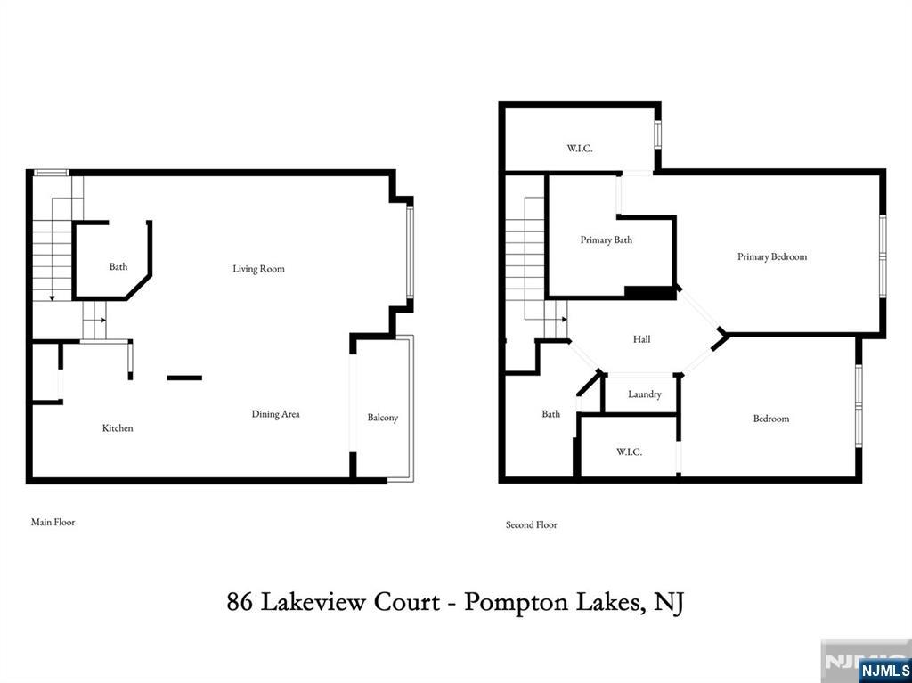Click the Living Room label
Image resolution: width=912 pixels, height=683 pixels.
(259, 269)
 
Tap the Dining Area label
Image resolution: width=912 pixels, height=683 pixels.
(276, 414)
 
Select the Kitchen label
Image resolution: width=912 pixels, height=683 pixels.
(118, 428)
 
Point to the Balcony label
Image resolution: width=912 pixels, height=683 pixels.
(383, 418)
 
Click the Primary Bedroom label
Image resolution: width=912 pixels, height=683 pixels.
(772, 256)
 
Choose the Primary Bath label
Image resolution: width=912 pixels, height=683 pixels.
(606, 240)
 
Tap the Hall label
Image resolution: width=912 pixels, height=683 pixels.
(641, 339)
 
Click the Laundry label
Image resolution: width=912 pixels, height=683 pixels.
(645, 394)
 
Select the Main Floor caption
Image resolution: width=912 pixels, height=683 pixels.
(53, 522)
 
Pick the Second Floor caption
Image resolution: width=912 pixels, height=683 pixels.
(532, 524)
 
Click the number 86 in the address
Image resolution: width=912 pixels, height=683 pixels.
(240, 602)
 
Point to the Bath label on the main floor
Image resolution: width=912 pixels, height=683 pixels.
(118, 266)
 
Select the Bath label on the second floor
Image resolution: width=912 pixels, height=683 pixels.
(550, 414)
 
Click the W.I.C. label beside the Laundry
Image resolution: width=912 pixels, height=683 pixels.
(629, 452)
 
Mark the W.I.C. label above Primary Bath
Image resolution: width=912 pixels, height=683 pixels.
(580, 149)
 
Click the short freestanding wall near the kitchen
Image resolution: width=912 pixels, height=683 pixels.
(184, 378)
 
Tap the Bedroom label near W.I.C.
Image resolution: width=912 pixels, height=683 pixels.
(771, 419)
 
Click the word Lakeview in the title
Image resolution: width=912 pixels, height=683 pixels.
(350, 602)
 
